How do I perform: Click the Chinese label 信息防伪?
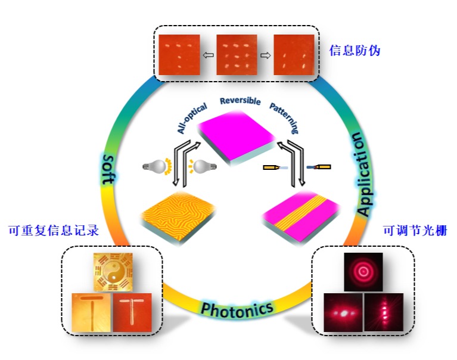(x=355, y=51)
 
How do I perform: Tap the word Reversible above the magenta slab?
(x=240, y=101)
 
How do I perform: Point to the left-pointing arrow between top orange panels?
(x=208, y=55)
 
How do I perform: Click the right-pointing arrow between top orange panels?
(x=265, y=55)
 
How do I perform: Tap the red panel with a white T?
(x=132, y=312)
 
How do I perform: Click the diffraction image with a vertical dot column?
(x=384, y=312)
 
